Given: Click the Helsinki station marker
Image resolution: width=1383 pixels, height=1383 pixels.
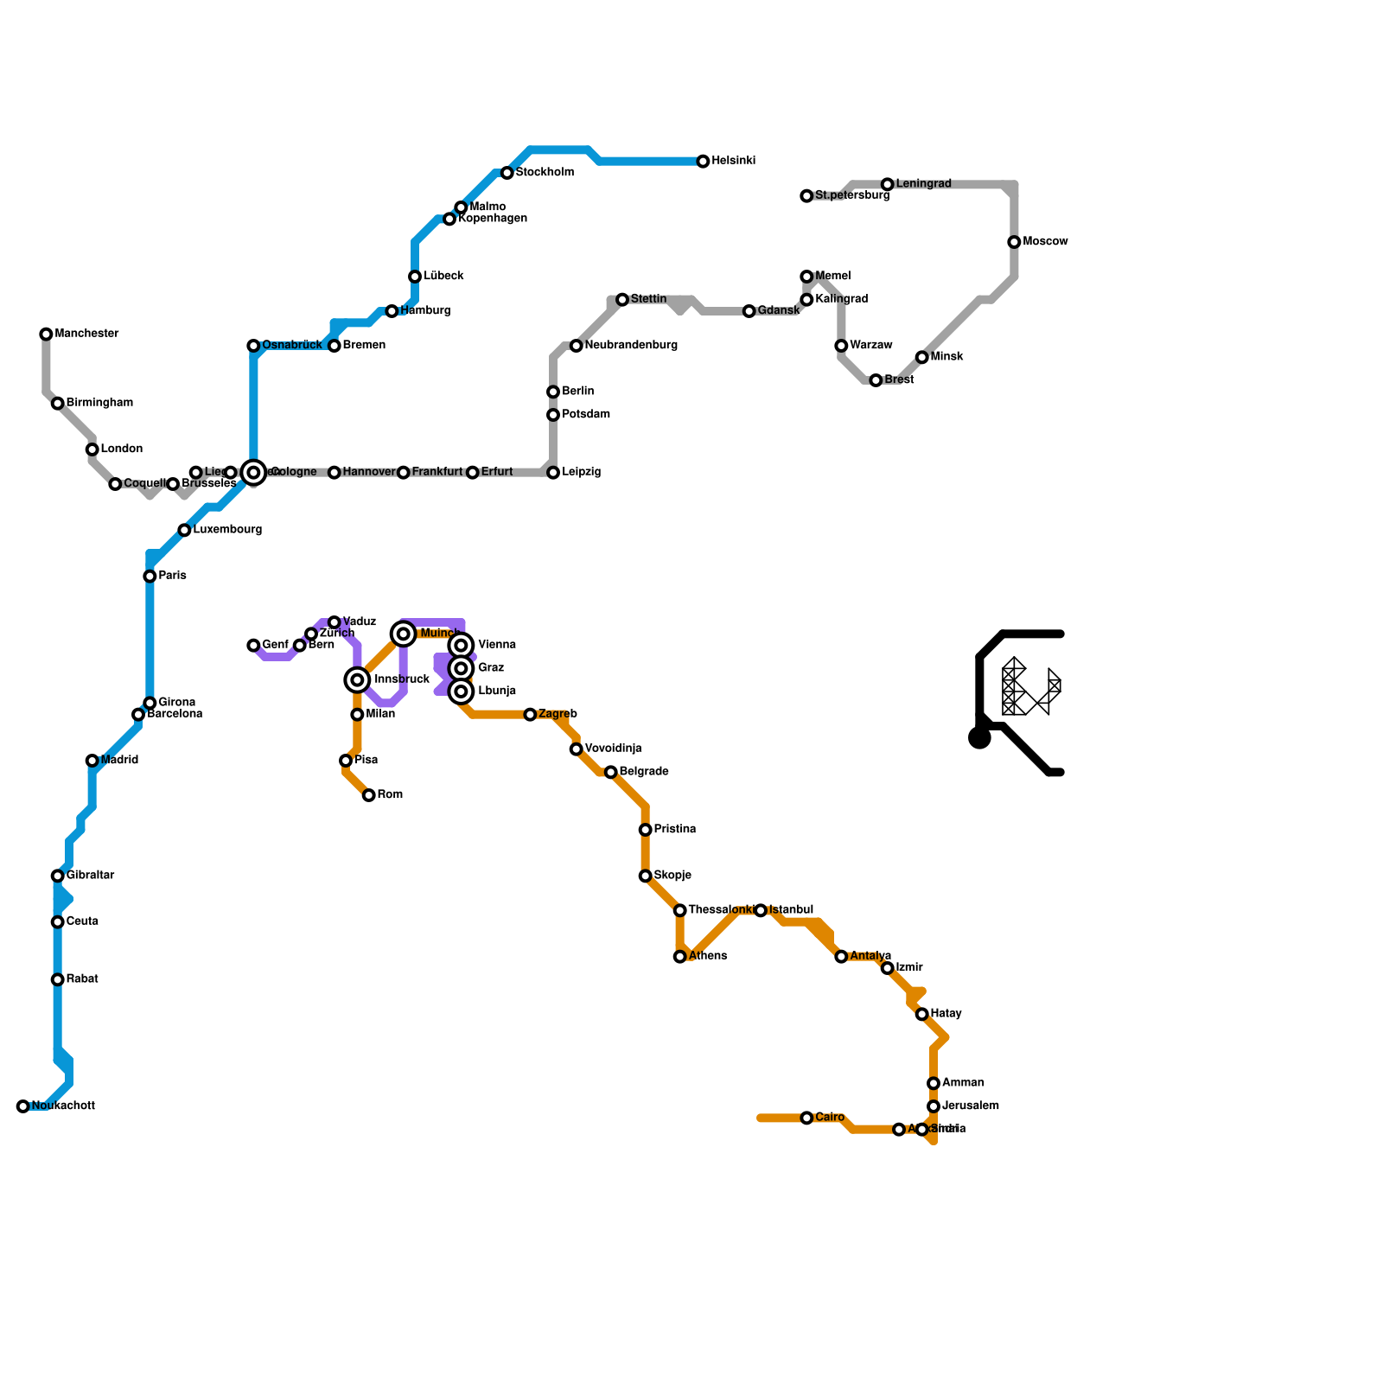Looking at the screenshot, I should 703,162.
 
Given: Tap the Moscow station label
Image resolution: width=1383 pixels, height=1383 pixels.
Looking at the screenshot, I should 1045,242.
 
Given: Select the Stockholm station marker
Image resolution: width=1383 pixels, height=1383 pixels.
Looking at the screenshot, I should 507,174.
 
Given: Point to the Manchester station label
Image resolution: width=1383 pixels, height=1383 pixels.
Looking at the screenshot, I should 86,334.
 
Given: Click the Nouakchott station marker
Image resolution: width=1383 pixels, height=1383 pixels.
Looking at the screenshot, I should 23,1106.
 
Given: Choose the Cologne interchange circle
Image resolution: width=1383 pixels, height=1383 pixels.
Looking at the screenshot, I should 253,473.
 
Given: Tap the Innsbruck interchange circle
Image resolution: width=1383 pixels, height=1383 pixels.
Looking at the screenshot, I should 357,680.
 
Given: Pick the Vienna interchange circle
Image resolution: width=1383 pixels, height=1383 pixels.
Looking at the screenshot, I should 462,646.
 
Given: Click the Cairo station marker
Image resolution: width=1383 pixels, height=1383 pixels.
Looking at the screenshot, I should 806,1119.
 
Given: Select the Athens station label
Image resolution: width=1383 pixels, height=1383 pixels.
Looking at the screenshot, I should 708,957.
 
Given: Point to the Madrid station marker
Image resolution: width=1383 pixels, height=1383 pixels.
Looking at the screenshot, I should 92,761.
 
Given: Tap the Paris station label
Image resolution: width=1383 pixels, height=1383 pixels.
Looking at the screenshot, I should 173,576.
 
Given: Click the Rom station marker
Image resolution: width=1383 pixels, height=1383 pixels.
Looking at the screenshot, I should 369,795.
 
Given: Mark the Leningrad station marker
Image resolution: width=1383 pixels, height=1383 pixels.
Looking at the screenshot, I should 888,185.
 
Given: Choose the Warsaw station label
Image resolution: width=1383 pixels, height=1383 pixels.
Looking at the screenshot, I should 871,346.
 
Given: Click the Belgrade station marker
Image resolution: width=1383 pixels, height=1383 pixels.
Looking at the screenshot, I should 611,773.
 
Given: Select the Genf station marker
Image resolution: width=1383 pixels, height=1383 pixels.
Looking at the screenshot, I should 253,646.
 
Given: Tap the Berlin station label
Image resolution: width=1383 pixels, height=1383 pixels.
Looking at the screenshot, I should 577,392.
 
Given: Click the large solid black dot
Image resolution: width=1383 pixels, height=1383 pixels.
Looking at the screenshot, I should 979,738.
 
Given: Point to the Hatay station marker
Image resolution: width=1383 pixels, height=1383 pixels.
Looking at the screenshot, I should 922,1015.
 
